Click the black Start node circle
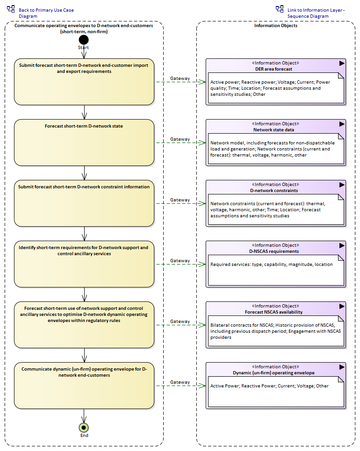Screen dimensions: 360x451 coord(84,40)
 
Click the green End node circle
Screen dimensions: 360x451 coord(84,428)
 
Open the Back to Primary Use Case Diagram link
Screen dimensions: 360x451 coord(46,13)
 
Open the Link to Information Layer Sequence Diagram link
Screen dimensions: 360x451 coord(316,13)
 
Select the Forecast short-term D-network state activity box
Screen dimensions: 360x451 coord(84,143)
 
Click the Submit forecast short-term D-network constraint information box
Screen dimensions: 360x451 coord(84,203)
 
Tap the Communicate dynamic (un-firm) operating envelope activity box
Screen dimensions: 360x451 coord(84,386)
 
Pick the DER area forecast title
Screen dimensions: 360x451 coord(274,69)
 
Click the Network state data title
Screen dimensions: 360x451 coord(274,130)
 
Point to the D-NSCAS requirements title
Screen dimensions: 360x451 coord(274,251)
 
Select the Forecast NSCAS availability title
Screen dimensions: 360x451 coord(274,312)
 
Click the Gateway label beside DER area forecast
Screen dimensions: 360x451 coord(180,78)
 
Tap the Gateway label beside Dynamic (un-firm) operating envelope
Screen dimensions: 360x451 coord(180,382)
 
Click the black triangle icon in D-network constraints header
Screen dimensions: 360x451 coord(342,185)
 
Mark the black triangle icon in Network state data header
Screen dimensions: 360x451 coord(342,124)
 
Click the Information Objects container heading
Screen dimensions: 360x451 coord(276,26)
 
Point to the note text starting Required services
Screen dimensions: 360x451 coord(271,265)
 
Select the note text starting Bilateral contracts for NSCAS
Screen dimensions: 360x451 coord(275,331)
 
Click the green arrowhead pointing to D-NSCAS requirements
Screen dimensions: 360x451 coord(202,265)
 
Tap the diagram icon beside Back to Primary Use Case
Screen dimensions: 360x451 coord(11,9)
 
